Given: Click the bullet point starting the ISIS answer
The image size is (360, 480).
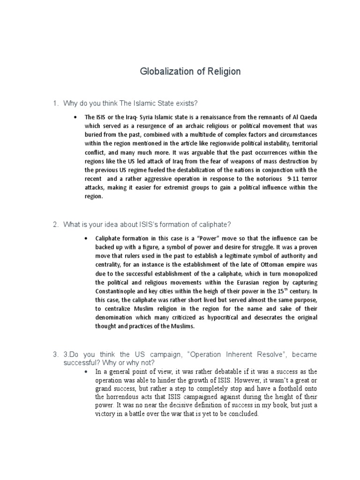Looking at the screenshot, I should [x=75, y=117].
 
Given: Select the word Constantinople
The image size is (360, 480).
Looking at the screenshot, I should [x=119, y=291].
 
